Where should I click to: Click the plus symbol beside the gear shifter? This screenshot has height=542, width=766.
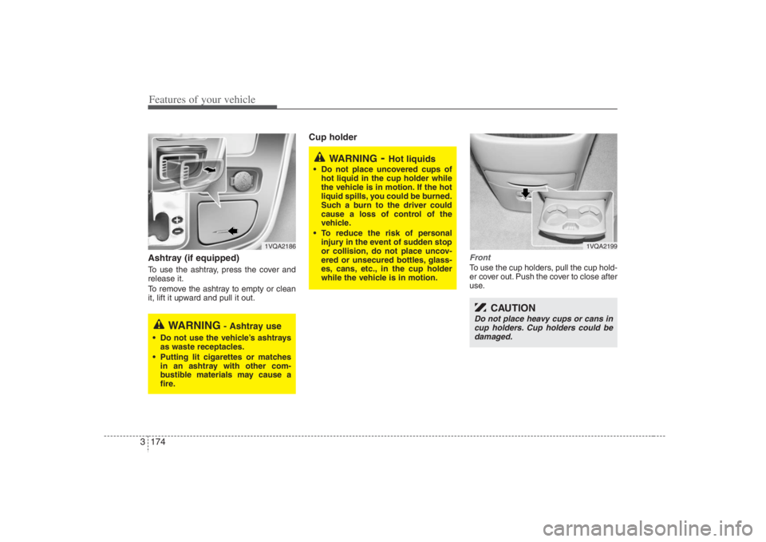pos(176,219)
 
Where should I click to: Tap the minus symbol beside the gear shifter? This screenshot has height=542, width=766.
pos(176,231)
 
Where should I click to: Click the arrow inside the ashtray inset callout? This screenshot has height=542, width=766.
pos(209,168)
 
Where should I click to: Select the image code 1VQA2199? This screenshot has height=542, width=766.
pos(600,246)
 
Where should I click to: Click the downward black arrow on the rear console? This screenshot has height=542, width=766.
pos(525,192)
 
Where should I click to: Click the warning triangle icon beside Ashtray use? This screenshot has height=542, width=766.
pos(160,324)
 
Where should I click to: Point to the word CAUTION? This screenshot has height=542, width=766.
pos(513,308)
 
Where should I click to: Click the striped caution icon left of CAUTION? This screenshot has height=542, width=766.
pos(480,307)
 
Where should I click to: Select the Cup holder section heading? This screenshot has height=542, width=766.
pos(327,137)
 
